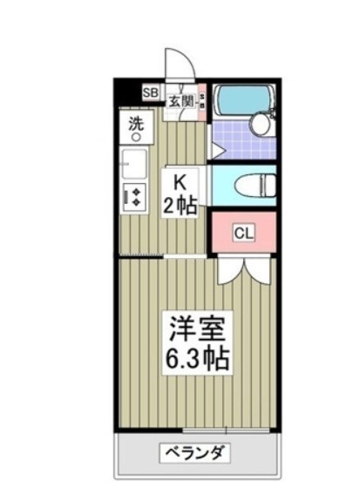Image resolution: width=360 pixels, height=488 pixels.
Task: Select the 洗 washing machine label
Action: [136, 123]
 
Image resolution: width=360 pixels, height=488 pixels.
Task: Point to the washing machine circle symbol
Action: [136, 137]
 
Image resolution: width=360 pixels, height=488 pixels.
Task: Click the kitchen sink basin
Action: [133, 164]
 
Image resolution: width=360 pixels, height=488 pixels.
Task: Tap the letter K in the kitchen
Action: [181, 182]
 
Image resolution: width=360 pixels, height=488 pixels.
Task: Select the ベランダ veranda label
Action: [195, 453]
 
